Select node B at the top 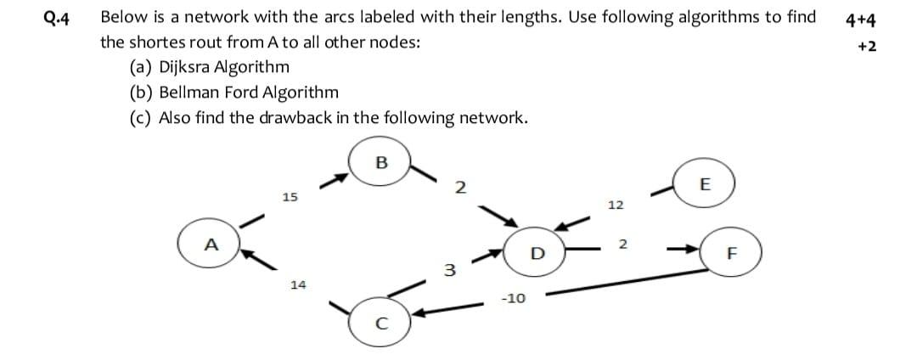point(380,163)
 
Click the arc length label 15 point(290,197)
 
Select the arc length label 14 point(298,285)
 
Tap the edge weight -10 point(513,299)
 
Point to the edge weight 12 point(616,205)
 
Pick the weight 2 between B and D point(459,188)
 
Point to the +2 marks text point(868,46)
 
